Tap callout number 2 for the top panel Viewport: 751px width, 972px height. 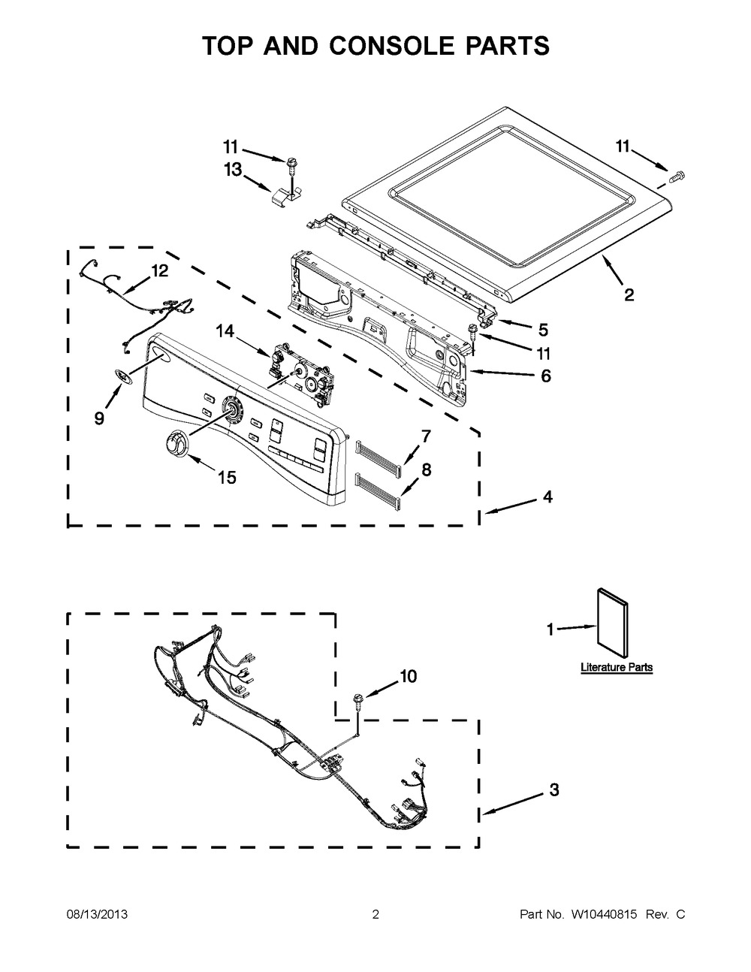pos(629,294)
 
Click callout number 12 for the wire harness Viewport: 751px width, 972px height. pos(159,270)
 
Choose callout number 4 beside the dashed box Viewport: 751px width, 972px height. pos(547,497)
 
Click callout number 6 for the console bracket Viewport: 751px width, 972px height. pos(545,376)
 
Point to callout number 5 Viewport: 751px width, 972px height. pos(543,329)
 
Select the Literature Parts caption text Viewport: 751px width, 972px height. pos(616,667)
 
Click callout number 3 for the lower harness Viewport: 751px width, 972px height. pos(553,789)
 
